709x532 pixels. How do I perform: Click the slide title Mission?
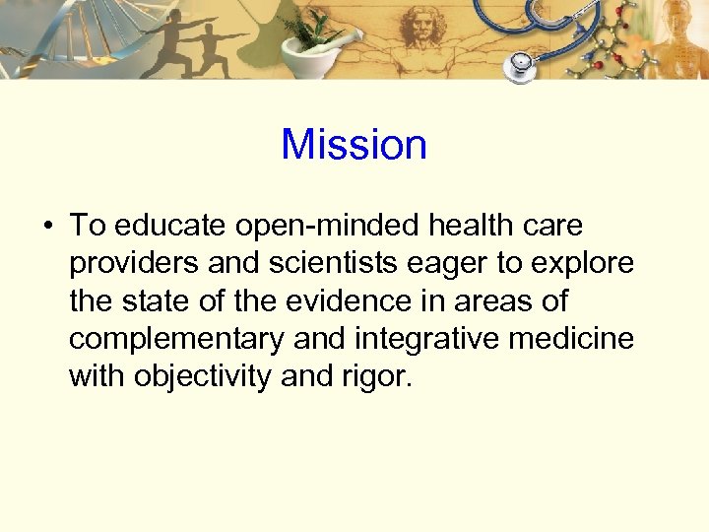[x=354, y=145]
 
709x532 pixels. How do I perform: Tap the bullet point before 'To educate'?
[x=46, y=227]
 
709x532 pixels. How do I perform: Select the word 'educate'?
[x=170, y=226]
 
